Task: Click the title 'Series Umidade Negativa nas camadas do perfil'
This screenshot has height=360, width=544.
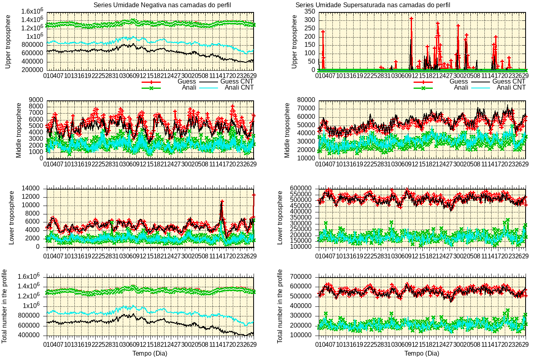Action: click(x=162, y=5)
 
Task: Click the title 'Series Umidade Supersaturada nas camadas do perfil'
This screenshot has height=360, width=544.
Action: click(x=372, y=5)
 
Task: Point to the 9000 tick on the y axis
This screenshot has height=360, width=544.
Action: click(x=36, y=100)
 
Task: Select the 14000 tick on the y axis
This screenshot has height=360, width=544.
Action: click(x=34, y=188)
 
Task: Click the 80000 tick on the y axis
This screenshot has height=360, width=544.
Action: click(x=306, y=100)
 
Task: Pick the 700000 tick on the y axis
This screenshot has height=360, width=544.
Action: click(x=304, y=277)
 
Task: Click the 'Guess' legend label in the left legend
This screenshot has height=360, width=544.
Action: click(x=187, y=81)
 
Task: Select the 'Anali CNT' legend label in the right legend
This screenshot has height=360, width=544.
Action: click(x=511, y=87)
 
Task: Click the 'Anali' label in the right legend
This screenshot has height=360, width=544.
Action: click(x=461, y=87)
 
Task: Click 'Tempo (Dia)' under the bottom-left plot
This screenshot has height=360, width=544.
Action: click(x=150, y=353)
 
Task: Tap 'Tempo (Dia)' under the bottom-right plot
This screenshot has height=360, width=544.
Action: click(x=422, y=353)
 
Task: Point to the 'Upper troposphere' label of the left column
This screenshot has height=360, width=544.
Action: click(x=8, y=42)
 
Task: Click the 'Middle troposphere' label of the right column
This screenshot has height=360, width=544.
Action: click(x=287, y=130)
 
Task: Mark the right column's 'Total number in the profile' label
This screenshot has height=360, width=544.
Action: click(x=280, y=306)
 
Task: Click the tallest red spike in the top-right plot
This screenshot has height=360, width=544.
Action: click(x=411, y=19)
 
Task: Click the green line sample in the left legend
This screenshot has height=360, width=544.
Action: click(x=151, y=88)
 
